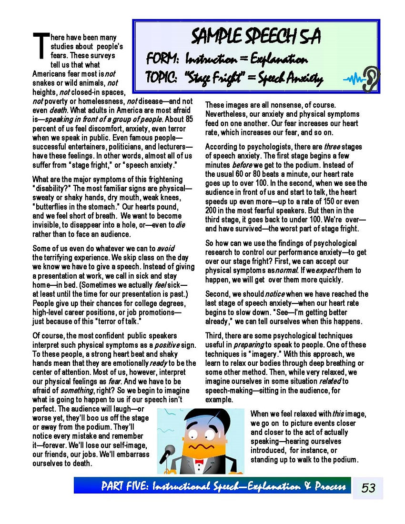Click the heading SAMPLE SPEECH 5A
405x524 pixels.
pos(255,36)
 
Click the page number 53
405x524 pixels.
pos(368,488)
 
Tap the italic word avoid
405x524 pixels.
pos(165,248)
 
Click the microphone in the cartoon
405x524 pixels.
pos(169,450)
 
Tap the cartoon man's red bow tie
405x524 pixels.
pos(199,461)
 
